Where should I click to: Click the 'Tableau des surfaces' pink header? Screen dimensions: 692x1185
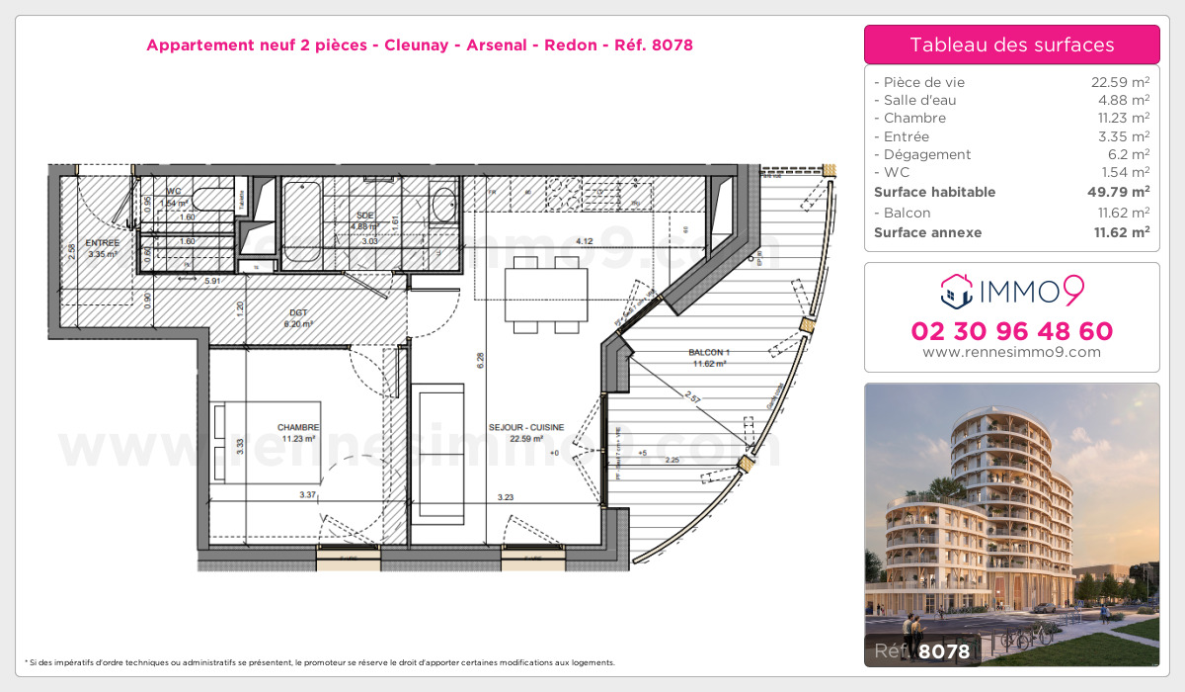(1011, 44)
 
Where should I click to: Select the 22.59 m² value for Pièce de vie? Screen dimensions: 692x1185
(1119, 82)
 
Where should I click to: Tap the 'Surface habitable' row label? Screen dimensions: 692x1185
(935, 192)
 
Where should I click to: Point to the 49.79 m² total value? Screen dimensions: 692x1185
(1119, 192)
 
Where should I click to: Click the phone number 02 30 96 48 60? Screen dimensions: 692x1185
(1011, 331)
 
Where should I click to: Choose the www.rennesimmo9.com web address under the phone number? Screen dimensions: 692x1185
(1011, 352)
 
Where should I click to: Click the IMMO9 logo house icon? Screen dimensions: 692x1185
(955, 291)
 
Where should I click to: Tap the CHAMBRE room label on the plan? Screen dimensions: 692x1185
(297, 427)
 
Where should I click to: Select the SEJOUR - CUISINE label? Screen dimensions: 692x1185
(526, 427)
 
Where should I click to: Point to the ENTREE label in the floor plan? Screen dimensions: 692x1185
(102, 243)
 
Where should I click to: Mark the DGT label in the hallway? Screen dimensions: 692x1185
(297, 312)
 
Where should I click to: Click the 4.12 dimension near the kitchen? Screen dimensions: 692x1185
(584, 240)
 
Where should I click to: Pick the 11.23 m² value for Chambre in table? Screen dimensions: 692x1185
(1119, 118)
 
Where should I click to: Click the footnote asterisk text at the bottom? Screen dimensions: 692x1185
(320, 662)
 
